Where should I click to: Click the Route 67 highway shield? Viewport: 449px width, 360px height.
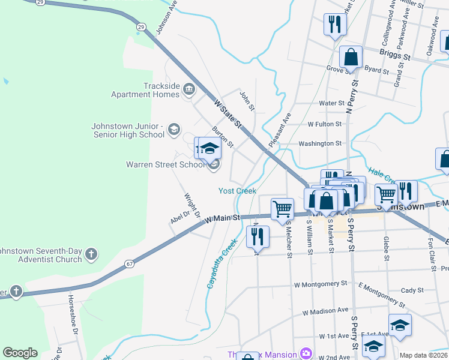(x=129, y=263)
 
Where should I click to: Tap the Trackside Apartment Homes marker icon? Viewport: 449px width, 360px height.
(x=190, y=89)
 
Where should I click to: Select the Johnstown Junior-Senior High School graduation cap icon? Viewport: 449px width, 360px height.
(x=174, y=128)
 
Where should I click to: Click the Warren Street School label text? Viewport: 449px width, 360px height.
(x=166, y=164)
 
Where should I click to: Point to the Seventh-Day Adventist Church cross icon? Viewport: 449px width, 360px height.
(x=91, y=254)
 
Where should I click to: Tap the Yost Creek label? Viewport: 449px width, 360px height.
(x=237, y=191)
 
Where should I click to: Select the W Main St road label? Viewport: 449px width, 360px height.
(x=222, y=220)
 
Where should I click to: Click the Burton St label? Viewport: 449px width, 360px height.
(x=223, y=137)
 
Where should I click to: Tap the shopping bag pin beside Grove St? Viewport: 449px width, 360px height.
(x=351, y=58)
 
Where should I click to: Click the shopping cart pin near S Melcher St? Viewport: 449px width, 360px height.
(x=282, y=209)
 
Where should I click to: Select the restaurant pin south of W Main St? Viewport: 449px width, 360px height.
(x=258, y=237)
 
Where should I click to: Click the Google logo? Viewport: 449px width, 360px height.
(x=20, y=353)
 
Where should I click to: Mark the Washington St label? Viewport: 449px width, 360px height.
(x=320, y=144)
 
